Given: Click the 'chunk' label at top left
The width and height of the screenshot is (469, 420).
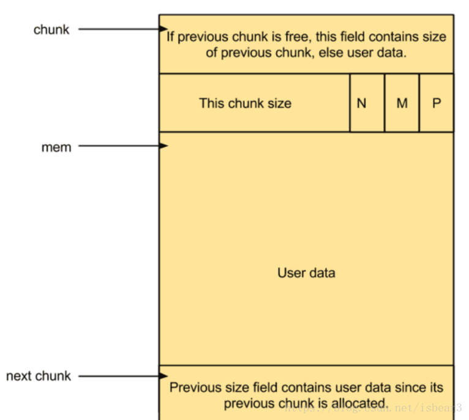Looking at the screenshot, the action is coord(51,29).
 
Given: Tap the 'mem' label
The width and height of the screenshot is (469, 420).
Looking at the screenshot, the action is coord(56,147).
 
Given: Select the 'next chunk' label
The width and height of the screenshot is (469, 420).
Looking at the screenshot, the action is coord(39,376).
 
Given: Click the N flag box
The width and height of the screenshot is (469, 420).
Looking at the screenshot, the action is coord(362,103).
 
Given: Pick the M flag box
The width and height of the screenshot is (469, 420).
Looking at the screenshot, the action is coord(402,103).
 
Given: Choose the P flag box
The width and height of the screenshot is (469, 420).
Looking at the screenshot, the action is coord(437,103).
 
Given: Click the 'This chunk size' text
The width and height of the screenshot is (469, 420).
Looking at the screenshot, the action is coord(245,103).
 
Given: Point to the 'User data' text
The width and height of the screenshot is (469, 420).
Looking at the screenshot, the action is coord(306,272).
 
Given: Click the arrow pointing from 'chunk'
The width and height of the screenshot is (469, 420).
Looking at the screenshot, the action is coord(122,29).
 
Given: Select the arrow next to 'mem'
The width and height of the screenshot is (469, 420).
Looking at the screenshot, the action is coord(122,146).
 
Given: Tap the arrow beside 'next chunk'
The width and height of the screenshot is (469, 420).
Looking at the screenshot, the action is coord(122,375).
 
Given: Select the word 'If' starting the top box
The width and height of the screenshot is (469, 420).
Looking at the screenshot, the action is coord(171,37).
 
